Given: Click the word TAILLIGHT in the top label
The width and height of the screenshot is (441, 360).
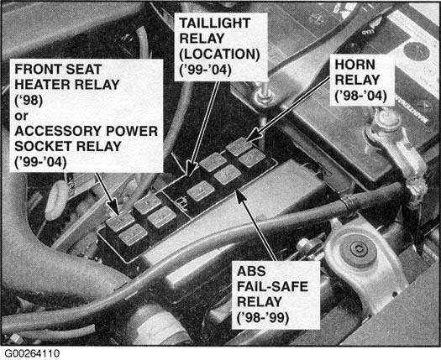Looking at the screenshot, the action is [215, 23].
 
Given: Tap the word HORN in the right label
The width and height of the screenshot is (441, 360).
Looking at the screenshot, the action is [355, 65].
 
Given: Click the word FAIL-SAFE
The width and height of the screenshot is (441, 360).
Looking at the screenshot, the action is [272, 287].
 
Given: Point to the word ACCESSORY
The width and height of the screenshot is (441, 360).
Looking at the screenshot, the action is [54, 131].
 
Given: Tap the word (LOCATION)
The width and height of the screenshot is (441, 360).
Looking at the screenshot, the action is [219, 54].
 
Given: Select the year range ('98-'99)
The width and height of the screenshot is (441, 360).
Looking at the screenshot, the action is [263, 318].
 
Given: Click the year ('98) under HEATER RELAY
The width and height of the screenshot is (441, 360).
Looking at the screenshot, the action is [29, 101].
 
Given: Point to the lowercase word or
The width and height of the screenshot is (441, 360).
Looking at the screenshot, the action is [21, 116].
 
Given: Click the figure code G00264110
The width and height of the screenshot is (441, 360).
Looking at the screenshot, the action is [32, 353].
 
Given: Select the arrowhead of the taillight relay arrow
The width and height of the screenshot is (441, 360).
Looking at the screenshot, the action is [191, 169].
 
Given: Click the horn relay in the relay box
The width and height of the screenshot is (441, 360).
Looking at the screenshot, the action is [239, 146].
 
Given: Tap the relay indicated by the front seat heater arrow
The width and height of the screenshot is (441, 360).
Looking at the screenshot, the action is [120, 222].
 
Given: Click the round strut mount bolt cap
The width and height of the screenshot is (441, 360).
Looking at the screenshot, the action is [358, 250].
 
